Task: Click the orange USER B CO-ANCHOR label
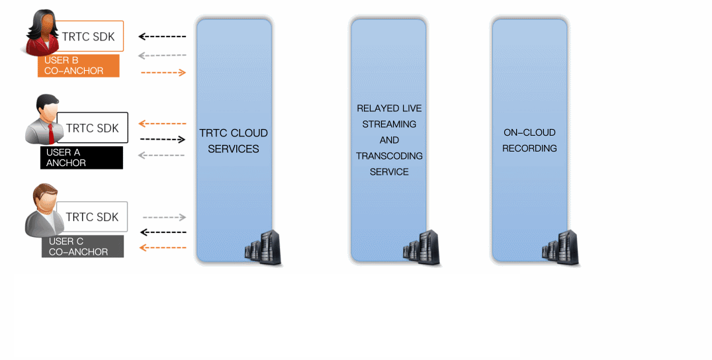click(79, 66)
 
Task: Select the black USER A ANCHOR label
click(81, 157)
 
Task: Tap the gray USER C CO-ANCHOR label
click(83, 246)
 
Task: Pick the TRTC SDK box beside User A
click(93, 128)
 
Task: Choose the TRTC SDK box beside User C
click(93, 217)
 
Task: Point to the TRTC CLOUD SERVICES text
click(234, 141)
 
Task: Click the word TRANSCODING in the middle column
click(389, 156)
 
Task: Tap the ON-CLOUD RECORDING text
click(529, 140)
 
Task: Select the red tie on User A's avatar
click(51, 132)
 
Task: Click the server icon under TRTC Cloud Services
click(263, 247)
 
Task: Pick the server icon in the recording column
click(560, 247)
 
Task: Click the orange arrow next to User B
click(163, 72)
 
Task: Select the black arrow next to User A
click(163, 140)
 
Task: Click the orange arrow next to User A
click(163, 124)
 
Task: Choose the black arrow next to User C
click(163, 232)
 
